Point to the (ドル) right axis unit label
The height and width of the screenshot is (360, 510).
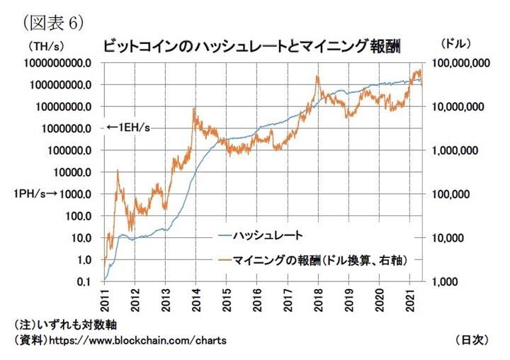(455, 44)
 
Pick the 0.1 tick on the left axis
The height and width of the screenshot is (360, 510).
(83, 282)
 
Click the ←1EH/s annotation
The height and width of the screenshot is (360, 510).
(127, 128)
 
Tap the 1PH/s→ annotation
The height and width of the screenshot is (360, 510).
(28, 194)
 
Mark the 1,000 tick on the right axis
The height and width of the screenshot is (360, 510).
(445, 282)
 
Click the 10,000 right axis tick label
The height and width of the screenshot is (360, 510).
(448, 238)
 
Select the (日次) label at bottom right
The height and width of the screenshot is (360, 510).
(470, 340)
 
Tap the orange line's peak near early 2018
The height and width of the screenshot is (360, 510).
(317, 76)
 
